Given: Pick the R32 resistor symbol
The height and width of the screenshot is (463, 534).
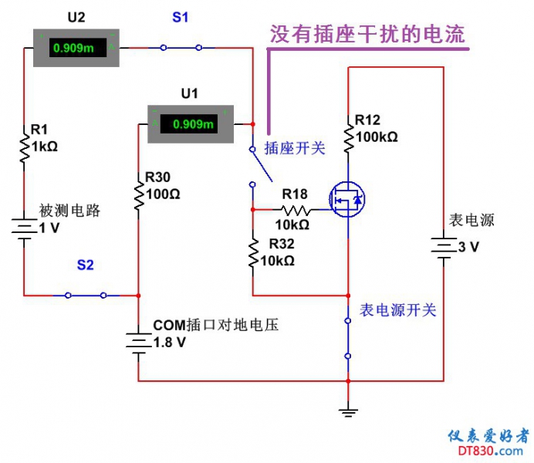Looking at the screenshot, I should pos(253,253).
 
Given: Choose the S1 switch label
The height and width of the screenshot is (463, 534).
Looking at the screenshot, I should pos(180,17).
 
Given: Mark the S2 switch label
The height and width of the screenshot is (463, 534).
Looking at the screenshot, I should pos(85,265).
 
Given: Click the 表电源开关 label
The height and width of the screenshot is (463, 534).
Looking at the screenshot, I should pos(398,310).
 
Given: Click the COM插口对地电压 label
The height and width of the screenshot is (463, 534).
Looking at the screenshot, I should pos(215,326).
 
